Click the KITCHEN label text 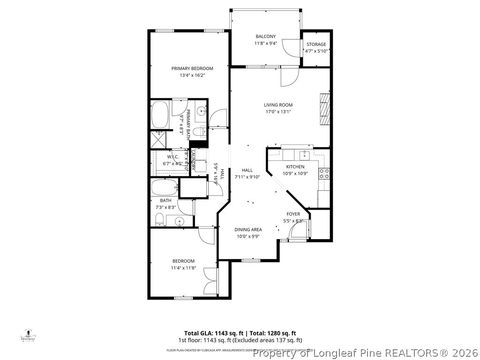294,167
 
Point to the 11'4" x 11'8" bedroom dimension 182,268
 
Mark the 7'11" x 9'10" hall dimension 246,177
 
